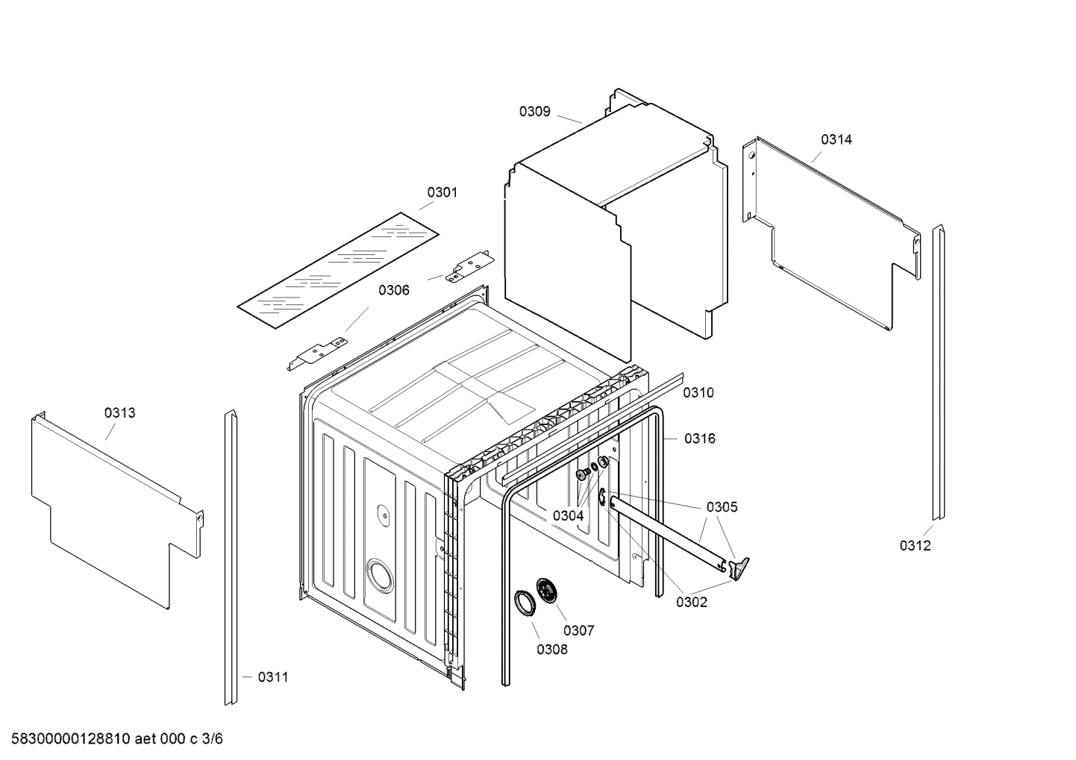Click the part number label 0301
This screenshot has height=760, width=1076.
442,192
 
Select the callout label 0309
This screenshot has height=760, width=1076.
534,112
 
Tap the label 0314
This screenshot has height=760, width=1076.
836,139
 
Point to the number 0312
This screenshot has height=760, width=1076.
915,546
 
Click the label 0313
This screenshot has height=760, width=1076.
119,413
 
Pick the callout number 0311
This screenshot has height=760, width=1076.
273,677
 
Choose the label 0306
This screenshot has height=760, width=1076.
393,290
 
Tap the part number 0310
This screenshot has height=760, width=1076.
698,393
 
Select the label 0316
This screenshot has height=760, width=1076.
700,439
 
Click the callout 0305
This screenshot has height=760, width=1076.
722,507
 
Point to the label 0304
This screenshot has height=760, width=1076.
568,515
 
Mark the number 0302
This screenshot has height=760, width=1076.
691,603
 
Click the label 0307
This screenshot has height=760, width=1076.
578,631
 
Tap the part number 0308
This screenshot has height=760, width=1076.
551,650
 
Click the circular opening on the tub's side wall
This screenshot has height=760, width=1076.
378,577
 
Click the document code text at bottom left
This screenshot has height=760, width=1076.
112,739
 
